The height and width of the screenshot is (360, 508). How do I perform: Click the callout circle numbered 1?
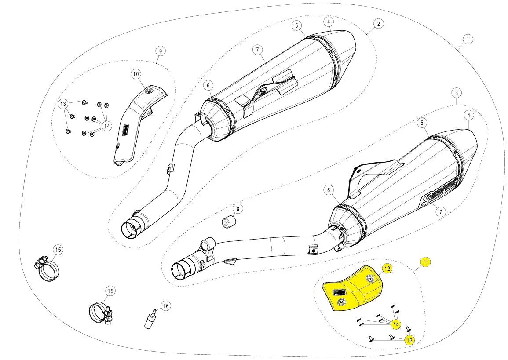tap(468, 40)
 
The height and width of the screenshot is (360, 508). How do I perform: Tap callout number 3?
tap(457, 93)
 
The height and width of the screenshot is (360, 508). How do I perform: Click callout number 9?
tap(161, 51)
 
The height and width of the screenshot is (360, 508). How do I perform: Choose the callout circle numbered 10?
tap(135, 73)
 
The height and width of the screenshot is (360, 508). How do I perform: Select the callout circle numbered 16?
tap(165, 306)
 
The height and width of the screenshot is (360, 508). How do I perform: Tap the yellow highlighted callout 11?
tap(425, 262)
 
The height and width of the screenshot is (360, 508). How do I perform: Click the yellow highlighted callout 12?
tap(387, 268)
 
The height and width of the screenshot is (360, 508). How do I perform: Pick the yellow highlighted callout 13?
tap(409, 340)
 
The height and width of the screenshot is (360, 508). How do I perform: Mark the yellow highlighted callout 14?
tap(396, 325)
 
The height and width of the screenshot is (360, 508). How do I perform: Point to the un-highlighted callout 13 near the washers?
tap(63, 104)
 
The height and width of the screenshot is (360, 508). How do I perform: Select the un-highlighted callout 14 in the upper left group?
tap(106, 126)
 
